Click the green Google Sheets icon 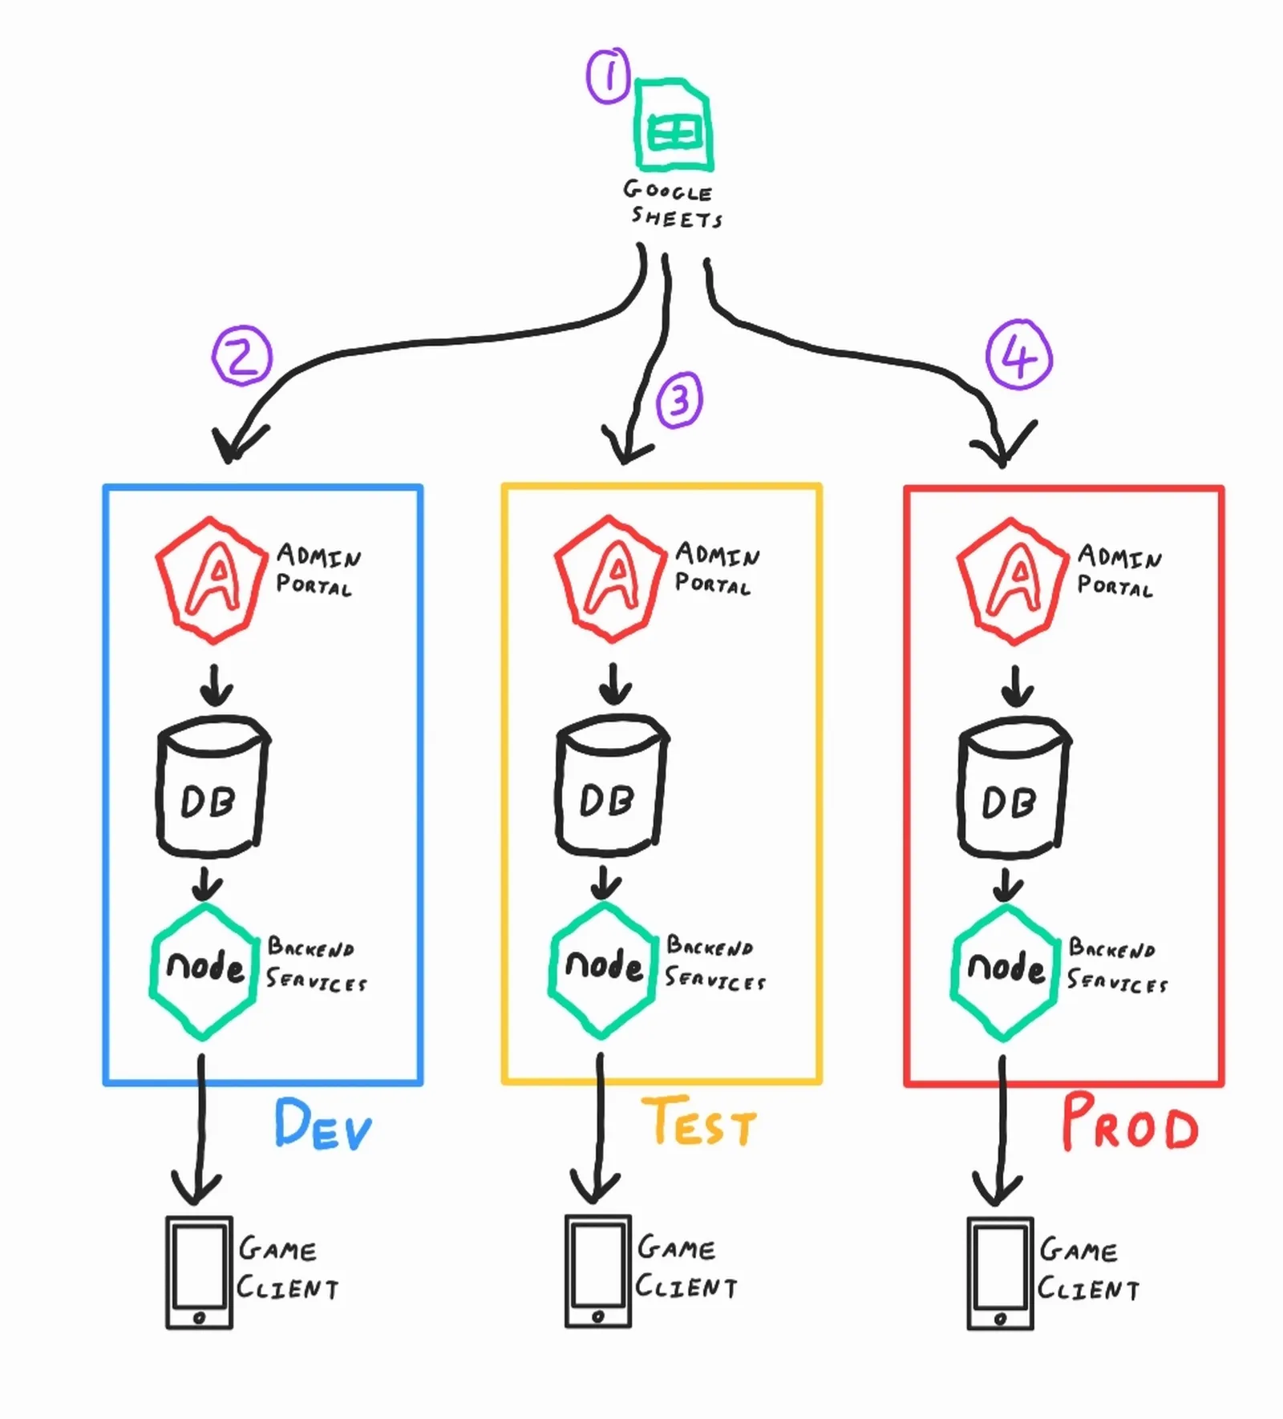(x=673, y=125)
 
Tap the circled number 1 (x=609, y=77)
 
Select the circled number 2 (x=242, y=356)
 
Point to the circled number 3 (x=679, y=399)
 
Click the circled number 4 (x=1018, y=355)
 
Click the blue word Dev (x=323, y=1125)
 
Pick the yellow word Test (x=698, y=1122)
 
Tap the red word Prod (x=1129, y=1124)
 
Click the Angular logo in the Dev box (x=212, y=579)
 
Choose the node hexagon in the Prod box (x=1006, y=971)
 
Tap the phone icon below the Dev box (x=199, y=1272)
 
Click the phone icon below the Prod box (x=1000, y=1274)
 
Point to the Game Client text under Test (x=686, y=1267)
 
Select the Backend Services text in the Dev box (x=316, y=965)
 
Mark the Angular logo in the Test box (x=611, y=577)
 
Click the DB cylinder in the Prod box (x=1014, y=786)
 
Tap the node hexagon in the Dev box (x=204, y=971)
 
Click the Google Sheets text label (x=672, y=204)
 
